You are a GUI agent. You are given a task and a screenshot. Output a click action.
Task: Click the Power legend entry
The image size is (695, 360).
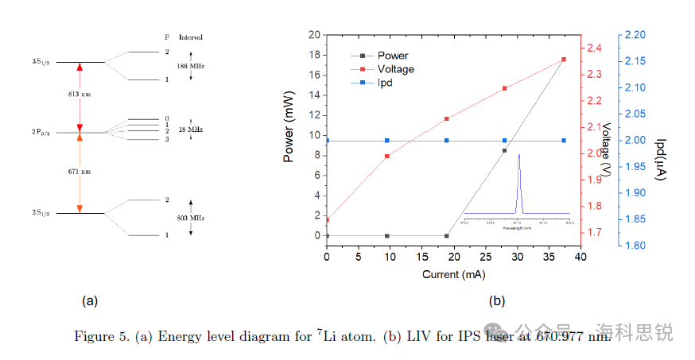(392, 56)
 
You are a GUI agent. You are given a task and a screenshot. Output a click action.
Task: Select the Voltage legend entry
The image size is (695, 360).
(395, 69)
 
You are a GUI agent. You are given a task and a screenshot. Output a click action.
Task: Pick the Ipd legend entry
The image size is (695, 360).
(385, 82)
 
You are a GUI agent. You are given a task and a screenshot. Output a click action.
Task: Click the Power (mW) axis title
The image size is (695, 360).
(289, 136)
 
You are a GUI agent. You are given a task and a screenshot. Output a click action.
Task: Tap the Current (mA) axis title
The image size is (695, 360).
(453, 274)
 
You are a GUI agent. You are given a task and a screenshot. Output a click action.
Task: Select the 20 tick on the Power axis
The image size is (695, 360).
(314, 35)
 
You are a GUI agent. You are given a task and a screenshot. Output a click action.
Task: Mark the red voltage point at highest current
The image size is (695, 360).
(563, 60)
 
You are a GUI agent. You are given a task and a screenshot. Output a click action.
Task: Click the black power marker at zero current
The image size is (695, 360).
(327, 236)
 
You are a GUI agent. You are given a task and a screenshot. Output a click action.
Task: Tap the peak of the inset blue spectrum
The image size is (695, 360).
(518, 155)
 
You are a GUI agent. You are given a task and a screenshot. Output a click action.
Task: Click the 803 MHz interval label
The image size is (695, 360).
(191, 217)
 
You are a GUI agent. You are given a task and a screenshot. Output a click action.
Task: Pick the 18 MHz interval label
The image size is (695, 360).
(191, 129)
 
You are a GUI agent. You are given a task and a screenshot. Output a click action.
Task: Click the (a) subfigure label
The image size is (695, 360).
(90, 301)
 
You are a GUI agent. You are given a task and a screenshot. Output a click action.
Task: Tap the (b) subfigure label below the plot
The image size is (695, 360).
(497, 301)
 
